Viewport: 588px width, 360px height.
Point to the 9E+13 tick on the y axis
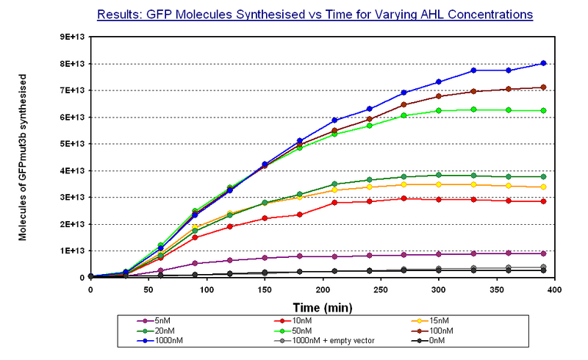71,37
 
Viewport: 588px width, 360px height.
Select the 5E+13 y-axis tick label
71,144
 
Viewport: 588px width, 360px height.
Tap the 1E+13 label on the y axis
71,251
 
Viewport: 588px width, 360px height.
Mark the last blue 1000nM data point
543,63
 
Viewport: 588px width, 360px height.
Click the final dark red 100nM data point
543,87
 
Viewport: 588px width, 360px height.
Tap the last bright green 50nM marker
543,111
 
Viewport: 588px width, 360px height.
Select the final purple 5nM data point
543,253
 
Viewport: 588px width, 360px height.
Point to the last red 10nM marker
543,201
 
